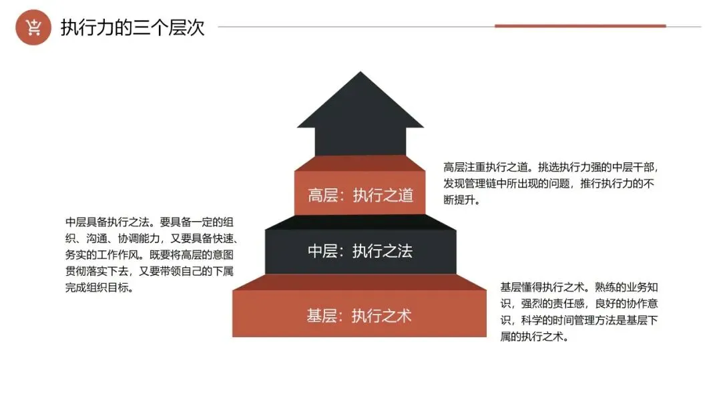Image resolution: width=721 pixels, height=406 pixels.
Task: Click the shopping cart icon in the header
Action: (33, 27)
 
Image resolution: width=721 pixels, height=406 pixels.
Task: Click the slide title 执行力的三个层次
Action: (132, 28)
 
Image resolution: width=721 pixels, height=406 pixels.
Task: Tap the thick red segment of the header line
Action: (579, 26)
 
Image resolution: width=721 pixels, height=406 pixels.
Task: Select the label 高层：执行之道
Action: (360, 195)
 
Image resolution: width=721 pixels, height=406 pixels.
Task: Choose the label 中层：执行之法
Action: (360, 251)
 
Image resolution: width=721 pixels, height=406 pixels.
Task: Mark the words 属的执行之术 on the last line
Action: (534, 337)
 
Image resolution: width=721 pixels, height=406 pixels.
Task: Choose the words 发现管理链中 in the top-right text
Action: (476, 184)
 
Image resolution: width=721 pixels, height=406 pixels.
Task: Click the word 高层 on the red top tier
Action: (324, 195)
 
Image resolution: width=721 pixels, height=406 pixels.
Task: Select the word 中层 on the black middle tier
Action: (324, 251)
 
